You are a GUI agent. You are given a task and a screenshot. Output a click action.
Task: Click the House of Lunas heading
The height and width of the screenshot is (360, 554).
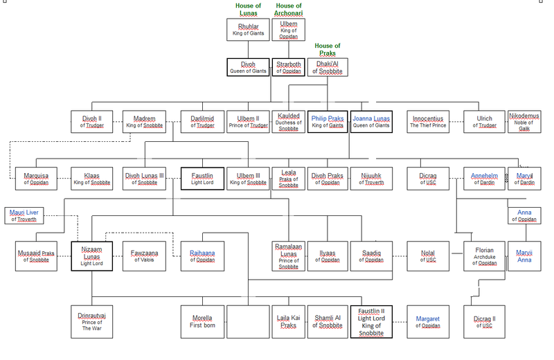click(248, 10)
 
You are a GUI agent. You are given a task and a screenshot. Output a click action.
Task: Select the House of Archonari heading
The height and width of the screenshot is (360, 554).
click(289, 10)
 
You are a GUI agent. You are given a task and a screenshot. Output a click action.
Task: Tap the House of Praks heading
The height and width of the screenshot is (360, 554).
click(329, 50)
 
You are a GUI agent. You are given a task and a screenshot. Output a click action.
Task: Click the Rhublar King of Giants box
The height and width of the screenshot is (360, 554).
click(248, 30)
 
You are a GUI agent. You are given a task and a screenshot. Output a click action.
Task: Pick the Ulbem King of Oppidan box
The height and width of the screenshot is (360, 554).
click(289, 30)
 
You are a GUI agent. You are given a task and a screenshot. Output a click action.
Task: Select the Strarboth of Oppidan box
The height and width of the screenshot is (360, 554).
click(289, 67)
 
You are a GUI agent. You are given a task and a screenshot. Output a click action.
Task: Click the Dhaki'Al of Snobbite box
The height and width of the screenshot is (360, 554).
click(329, 67)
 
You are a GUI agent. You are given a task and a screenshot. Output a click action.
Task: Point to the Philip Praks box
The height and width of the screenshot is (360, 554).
click(328, 122)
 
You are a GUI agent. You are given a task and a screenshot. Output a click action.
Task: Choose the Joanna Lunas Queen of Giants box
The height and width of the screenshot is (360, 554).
click(371, 122)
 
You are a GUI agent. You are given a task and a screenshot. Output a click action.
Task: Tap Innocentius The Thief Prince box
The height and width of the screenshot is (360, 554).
click(427, 122)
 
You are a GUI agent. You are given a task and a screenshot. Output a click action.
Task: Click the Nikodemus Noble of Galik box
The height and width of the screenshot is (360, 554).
click(524, 122)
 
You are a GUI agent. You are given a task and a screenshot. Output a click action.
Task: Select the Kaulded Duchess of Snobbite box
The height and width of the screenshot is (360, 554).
click(288, 122)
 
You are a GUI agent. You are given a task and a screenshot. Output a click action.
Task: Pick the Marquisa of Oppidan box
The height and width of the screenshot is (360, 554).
click(36, 179)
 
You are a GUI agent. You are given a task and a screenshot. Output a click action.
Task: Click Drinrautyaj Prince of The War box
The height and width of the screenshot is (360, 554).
click(91, 321)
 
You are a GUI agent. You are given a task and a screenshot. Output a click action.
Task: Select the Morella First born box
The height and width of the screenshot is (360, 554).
click(202, 321)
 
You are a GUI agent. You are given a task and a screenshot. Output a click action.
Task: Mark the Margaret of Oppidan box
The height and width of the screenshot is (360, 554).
click(427, 321)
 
